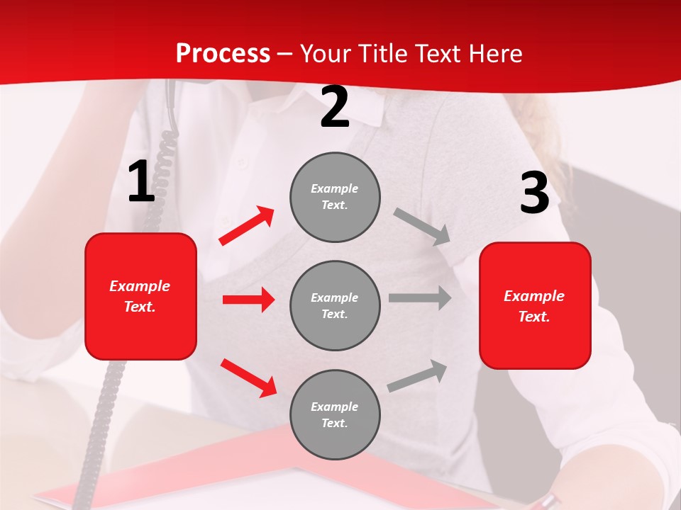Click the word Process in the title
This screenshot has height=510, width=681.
tap(223, 54)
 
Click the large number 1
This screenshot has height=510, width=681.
tap(141, 182)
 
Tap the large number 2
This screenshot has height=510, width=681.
tap(335, 107)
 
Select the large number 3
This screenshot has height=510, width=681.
tap(534, 193)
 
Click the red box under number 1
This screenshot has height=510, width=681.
tap(140, 296)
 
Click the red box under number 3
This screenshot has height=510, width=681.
tap(535, 305)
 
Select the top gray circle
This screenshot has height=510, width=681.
tap(335, 197)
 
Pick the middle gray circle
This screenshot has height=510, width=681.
tap(335, 305)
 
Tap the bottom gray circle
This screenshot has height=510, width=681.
tap(335, 414)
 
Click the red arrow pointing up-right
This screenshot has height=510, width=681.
tap(247, 226)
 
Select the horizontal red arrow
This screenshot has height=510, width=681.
tap(248, 300)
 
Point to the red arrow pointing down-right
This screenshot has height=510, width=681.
tap(248, 377)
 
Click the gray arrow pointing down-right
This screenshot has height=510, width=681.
tap(422, 227)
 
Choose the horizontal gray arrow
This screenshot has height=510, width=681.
tap(419, 298)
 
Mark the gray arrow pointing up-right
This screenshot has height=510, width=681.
tap(417, 376)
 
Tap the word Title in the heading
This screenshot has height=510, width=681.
tap(382, 54)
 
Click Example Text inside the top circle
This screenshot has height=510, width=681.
tap(335, 197)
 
